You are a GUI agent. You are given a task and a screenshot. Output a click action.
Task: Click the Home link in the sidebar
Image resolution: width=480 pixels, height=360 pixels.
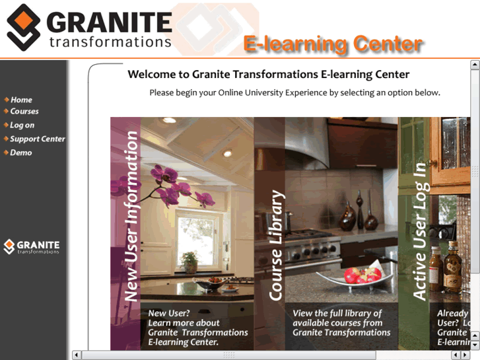[x=21, y=100]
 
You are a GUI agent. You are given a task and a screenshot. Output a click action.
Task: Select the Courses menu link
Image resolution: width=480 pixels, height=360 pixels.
[x=24, y=112]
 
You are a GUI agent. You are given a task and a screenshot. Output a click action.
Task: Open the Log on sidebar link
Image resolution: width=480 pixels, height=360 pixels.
[x=22, y=125]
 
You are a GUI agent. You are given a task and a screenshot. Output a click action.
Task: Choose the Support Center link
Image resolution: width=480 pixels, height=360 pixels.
[x=37, y=139]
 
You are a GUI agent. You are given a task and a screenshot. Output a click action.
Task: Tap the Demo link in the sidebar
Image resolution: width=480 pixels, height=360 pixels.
[x=20, y=153]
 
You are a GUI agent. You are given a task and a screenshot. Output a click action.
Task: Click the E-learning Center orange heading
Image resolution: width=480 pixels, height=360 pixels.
[x=333, y=44]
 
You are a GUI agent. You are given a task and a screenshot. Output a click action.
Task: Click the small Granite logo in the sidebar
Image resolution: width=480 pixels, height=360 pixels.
[x=32, y=246]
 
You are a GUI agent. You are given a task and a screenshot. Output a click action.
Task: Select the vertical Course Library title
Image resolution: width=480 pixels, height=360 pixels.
[x=276, y=245]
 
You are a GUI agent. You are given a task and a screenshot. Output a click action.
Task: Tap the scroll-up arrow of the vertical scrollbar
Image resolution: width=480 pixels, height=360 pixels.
[x=475, y=65]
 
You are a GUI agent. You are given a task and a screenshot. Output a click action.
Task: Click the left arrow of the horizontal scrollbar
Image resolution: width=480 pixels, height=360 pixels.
[x=77, y=355]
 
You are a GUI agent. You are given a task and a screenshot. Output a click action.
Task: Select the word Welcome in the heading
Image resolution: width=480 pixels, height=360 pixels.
[x=151, y=75]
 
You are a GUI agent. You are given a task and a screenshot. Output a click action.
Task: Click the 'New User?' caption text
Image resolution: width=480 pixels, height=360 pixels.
[x=169, y=313]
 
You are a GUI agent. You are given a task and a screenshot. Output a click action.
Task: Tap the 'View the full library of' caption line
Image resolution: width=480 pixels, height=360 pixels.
[x=337, y=313]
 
